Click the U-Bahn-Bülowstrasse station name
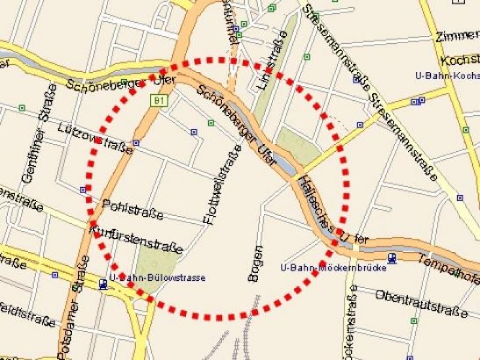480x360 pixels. click(157, 278)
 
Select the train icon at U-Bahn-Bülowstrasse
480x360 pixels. click(103, 284)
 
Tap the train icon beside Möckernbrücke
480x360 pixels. click(392, 258)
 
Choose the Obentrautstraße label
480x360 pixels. click(420, 304)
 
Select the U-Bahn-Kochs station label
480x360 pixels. click(447, 76)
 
